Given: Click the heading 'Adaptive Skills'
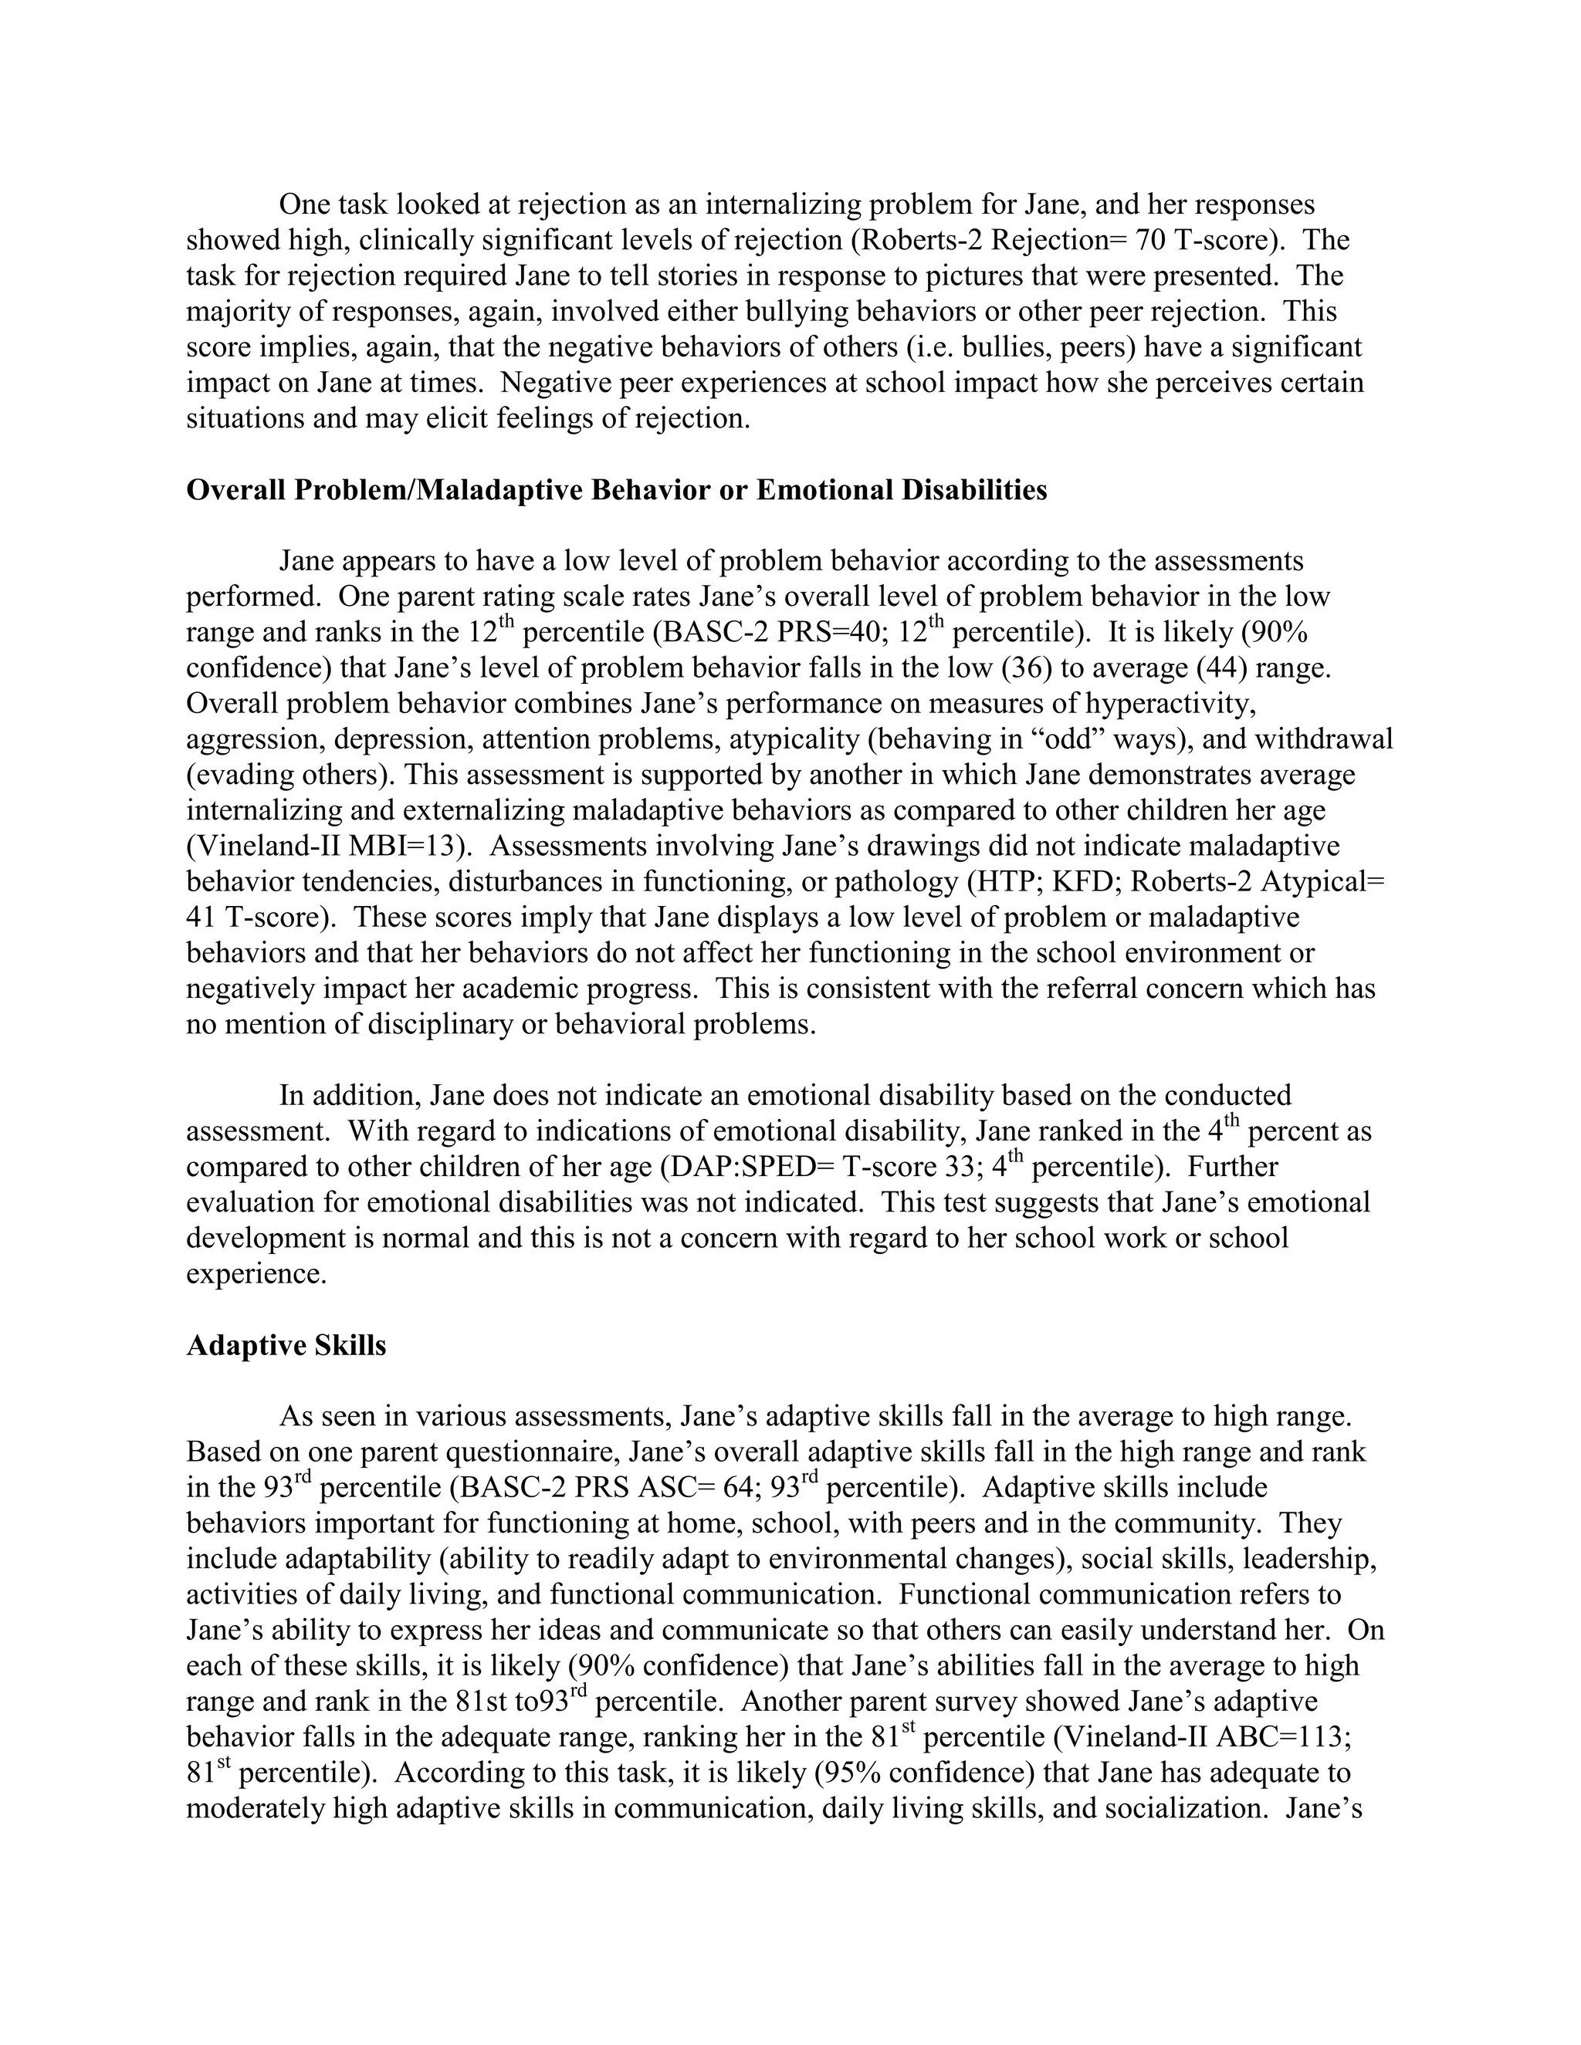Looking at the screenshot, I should click(x=286, y=1346).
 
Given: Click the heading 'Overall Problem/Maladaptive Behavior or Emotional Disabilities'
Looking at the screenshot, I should click(x=616, y=490).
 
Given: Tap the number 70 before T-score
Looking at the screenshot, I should click(x=1150, y=241).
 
